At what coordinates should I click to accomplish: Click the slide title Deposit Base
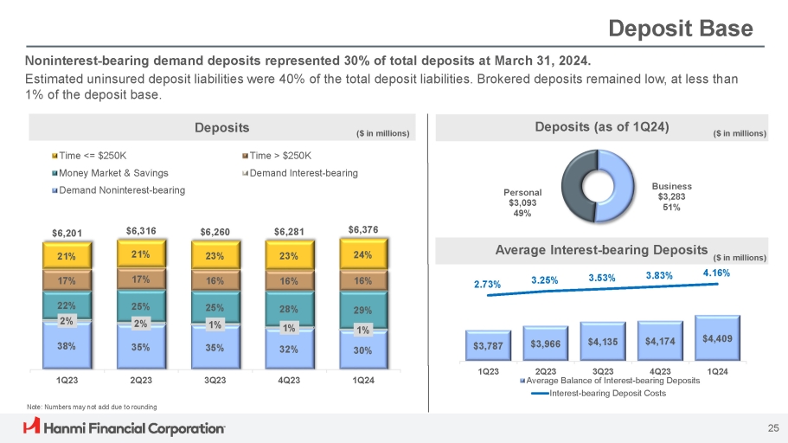click(x=681, y=29)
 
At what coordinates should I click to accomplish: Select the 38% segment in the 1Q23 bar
click(x=67, y=346)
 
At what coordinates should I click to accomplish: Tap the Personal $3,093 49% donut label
click(x=523, y=202)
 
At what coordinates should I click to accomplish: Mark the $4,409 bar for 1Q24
click(x=717, y=337)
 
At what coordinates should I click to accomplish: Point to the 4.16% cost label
click(x=716, y=273)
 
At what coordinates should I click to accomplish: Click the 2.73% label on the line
click(x=487, y=283)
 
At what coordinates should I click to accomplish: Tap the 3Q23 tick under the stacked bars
click(x=215, y=378)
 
